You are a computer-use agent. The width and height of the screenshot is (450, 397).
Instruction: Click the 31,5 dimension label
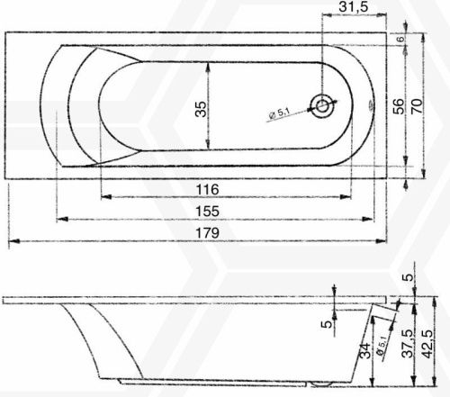[353, 6]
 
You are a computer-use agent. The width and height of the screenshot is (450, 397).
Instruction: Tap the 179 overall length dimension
[207, 233]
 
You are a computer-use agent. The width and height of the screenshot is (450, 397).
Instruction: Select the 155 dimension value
[207, 212]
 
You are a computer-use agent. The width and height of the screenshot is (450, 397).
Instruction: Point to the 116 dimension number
[207, 190]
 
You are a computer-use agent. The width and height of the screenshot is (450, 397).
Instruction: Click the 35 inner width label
[202, 109]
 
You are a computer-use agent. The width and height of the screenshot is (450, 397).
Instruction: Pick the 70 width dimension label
[418, 105]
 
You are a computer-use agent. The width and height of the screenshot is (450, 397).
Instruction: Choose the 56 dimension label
[399, 106]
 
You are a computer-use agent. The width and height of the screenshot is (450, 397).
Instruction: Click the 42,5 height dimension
[427, 344]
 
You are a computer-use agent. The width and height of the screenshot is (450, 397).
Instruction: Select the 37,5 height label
[408, 344]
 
